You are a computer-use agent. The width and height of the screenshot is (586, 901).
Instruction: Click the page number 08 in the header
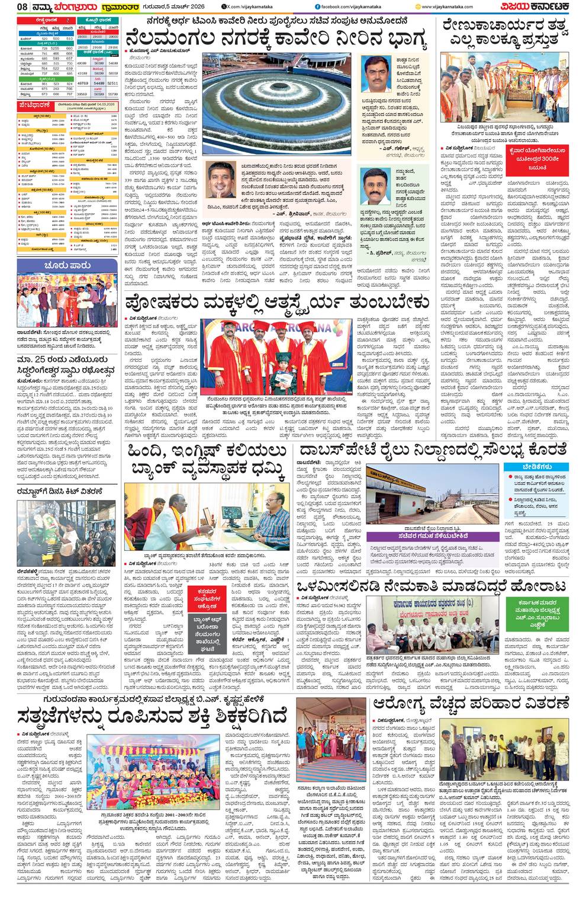9,7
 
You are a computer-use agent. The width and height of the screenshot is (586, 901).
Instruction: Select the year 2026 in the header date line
185,7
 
